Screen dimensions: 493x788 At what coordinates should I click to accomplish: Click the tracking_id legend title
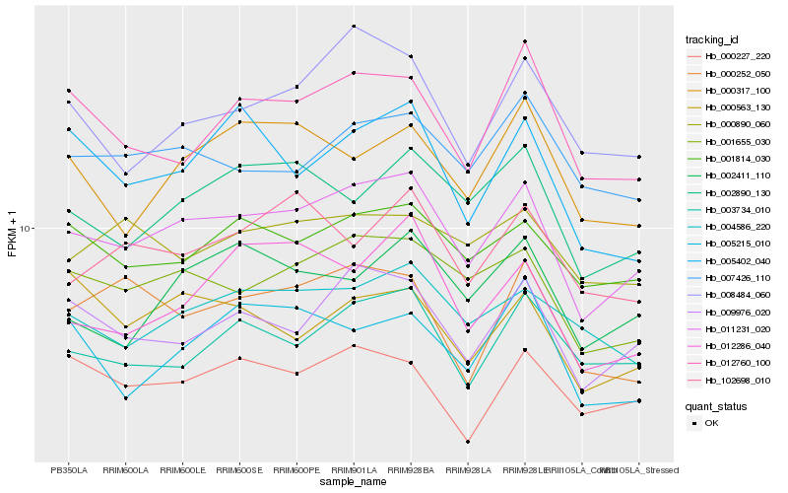pyautogui.click(x=712, y=39)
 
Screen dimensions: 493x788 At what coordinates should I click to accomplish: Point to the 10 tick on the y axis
pyautogui.click(x=27, y=228)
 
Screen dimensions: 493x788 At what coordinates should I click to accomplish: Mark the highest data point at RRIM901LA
pyautogui.click(x=354, y=27)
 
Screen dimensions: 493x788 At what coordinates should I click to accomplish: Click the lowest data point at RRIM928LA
pyautogui.click(x=468, y=442)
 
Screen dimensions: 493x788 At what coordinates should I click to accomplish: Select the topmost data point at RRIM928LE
pyautogui.click(x=525, y=41)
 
